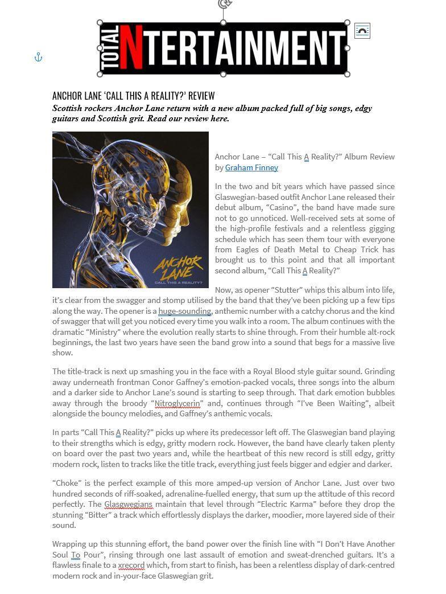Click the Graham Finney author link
click(x=251, y=167)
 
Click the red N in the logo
click(x=131, y=48)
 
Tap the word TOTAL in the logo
click(x=112, y=48)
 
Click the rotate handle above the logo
click(x=224, y=5)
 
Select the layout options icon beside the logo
click(x=362, y=31)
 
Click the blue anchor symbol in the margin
click(x=38, y=58)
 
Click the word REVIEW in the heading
click(x=201, y=96)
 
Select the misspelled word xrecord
click(x=131, y=566)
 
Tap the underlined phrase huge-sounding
click(x=184, y=311)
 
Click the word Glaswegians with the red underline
click(x=128, y=504)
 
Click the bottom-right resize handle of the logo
click(x=348, y=74)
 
